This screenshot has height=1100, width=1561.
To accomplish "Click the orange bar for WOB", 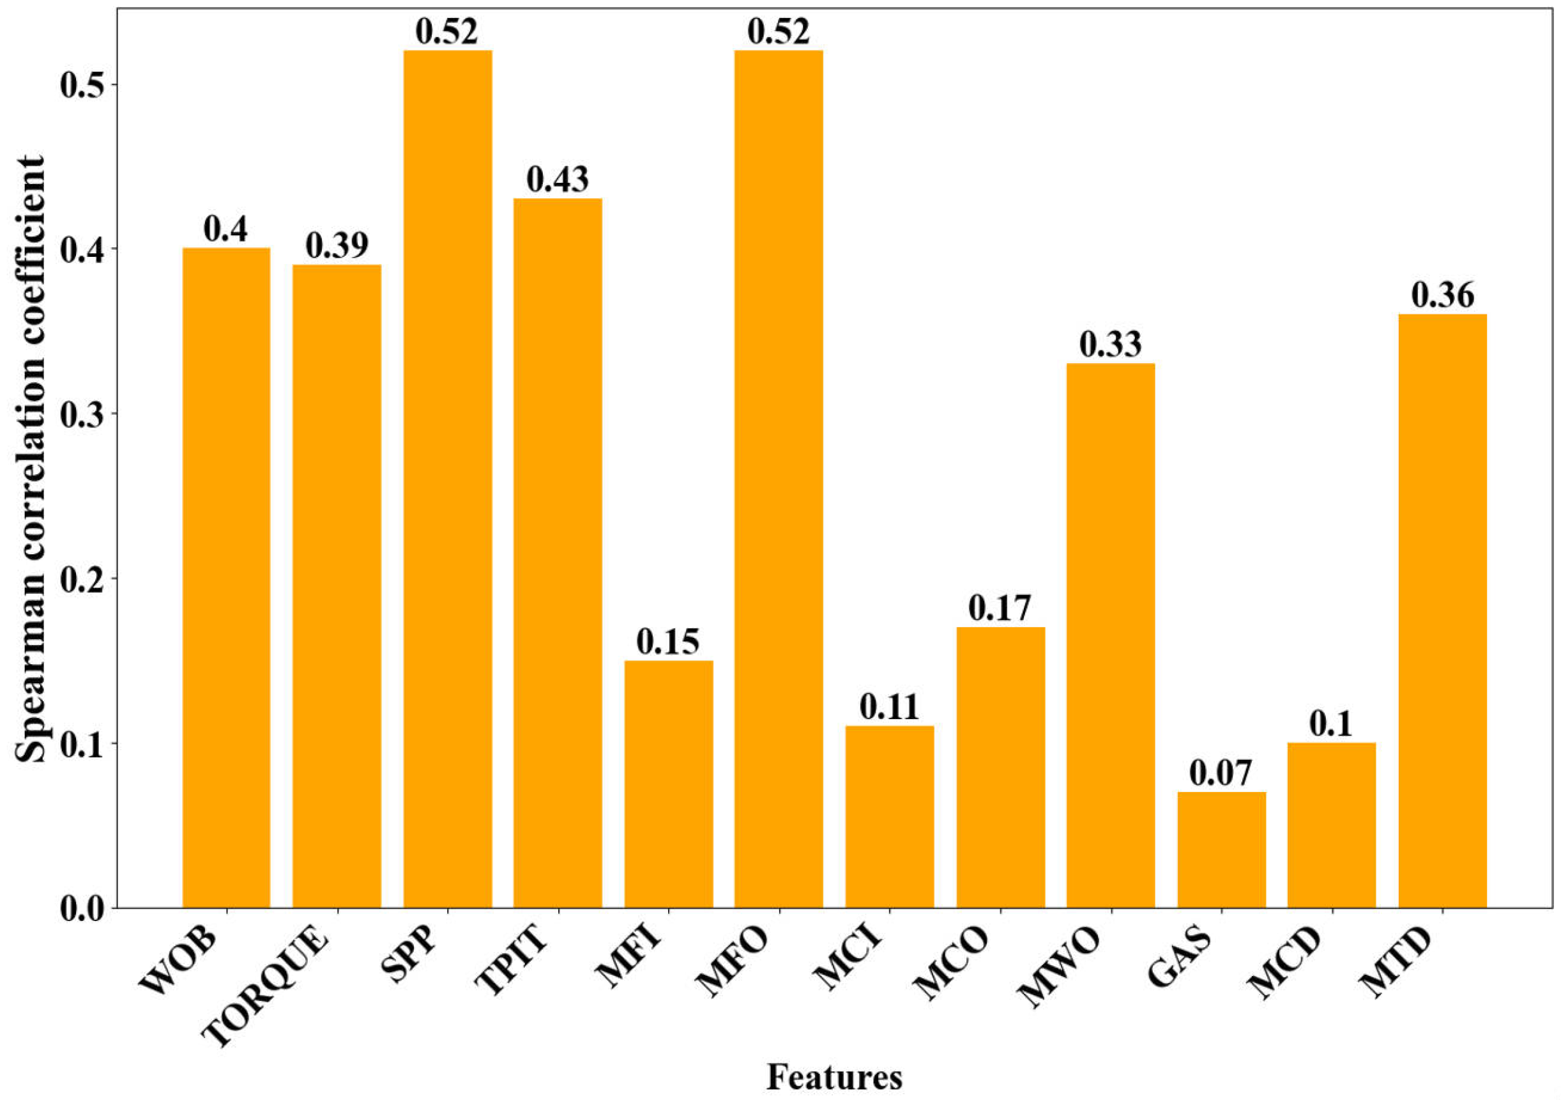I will (x=226, y=578).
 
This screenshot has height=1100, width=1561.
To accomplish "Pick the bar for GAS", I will (x=1222, y=849).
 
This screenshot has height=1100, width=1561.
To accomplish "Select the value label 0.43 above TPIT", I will (x=558, y=180).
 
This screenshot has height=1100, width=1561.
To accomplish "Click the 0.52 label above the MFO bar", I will (x=779, y=32).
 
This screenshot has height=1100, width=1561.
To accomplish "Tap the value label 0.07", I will (x=1221, y=773).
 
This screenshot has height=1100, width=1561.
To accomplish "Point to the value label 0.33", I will (x=1110, y=345).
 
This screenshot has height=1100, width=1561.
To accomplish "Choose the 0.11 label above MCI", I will (x=889, y=708).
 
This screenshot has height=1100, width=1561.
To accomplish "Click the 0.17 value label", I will (x=1000, y=608).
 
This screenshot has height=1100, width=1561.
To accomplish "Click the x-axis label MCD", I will (x=1287, y=973).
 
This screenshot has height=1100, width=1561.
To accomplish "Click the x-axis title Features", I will (x=835, y=1077).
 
